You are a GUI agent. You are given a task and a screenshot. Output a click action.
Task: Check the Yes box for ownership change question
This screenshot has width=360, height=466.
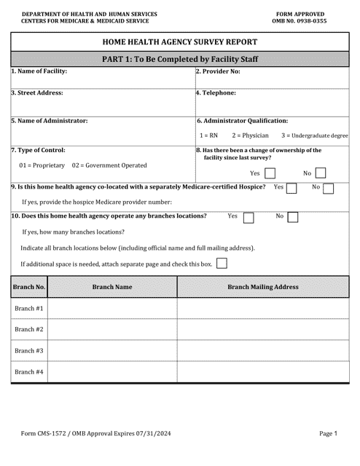point(270,173)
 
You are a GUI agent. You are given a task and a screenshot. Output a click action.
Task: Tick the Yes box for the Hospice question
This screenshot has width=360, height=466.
point(291,188)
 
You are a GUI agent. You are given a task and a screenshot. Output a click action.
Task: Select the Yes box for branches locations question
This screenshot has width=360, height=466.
point(248,217)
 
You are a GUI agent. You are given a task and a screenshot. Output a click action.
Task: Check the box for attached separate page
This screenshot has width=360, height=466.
point(222,263)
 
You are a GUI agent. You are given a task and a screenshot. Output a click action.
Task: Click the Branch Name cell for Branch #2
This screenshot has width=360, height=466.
point(112,330)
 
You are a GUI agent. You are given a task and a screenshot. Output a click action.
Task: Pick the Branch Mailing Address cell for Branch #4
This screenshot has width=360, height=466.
point(263,372)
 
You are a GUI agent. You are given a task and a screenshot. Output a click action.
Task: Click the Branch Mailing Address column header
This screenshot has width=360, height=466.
point(263,287)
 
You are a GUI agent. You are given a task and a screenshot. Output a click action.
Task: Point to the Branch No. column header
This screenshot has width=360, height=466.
point(29,287)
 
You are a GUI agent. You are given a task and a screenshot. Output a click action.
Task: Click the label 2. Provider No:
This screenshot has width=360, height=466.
point(218,71)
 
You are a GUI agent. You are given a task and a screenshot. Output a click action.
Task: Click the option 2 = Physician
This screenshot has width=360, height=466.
point(250,135)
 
